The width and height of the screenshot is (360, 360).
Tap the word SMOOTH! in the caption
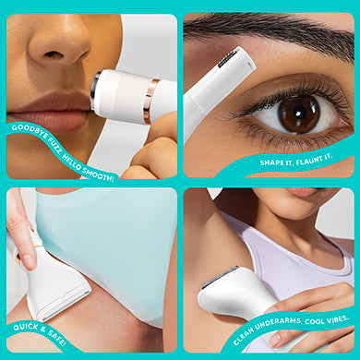click(99, 174)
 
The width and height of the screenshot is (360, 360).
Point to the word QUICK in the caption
click(26, 327)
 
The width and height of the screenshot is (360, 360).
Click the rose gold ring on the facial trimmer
click(150, 101)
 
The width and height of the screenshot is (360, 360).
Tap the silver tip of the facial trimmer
click(94, 90)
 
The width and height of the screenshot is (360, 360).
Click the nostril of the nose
click(54, 54)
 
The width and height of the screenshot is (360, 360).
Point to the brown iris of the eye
click(298, 114)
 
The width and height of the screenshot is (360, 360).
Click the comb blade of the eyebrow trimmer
click(227, 59)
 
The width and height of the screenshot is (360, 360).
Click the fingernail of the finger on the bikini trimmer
click(28, 261)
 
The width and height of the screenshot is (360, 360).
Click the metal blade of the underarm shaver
click(219, 277)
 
